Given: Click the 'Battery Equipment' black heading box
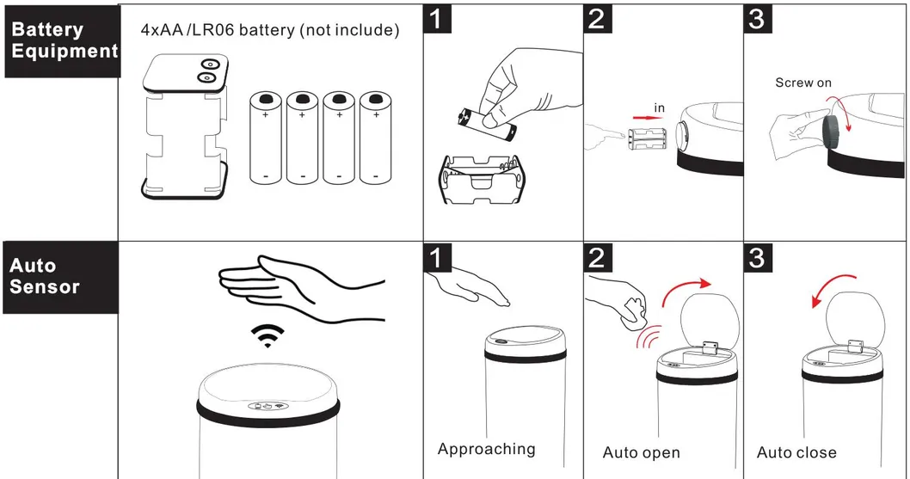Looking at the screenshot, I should click(x=62, y=40).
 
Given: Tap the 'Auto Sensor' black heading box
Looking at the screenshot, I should click(x=60, y=276).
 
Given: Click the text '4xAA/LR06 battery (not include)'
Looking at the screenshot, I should click(x=269, y=31).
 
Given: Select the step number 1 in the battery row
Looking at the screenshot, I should click(x=439, y=20).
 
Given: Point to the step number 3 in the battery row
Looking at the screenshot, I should click(x=757, y=20).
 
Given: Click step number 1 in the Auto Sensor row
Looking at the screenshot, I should click(x=439, y=256).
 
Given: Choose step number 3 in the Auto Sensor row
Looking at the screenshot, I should click(x=757, y=256).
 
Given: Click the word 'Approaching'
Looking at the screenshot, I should click(x=486, y=449).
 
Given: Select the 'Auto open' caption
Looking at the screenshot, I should click(x=641, y=452).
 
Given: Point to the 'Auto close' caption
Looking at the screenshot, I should click(x=796, y=452).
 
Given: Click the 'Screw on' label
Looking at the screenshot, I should click(x=803, y=83).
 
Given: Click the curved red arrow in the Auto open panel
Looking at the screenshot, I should click(x=686, y=291).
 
